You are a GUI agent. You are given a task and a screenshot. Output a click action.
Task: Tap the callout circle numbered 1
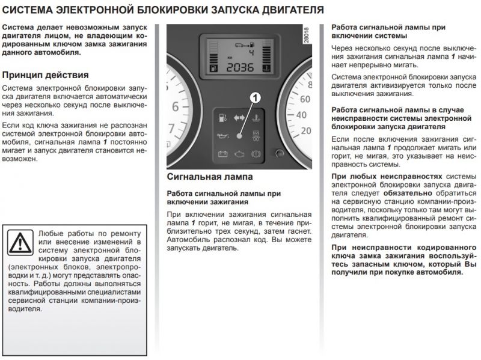[x=254, y=97]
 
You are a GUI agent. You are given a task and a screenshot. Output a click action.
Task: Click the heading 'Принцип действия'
[x=46, y=75]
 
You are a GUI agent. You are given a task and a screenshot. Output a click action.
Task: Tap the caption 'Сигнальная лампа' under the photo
[x=209, y=177]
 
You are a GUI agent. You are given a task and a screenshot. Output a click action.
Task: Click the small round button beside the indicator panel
[x=278, y=153]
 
